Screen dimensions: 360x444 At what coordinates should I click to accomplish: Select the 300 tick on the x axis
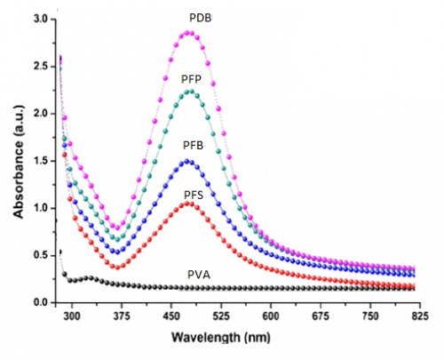click(x=73, y=316)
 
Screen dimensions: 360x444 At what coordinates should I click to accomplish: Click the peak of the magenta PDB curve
click(x=187, y=33)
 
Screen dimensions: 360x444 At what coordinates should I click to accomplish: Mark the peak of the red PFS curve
click(x=187, y=204)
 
